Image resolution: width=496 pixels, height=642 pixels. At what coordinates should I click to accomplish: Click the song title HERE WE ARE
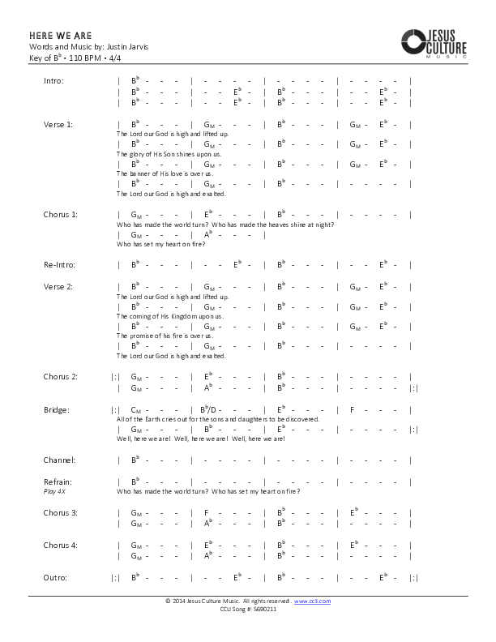click(61, 36)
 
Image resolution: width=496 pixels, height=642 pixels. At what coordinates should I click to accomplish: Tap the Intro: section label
click(53, 81)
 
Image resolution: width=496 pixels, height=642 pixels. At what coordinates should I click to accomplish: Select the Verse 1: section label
click(58, 125)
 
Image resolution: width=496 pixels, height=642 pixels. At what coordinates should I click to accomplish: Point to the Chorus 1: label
click(61, 215)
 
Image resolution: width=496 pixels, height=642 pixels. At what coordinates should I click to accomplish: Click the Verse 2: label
click(58, 287)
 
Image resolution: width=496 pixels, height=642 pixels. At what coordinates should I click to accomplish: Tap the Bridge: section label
click(57, 410)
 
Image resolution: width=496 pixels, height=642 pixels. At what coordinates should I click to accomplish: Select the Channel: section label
click(59, 460)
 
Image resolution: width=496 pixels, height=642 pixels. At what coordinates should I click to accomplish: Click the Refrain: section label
click(58, 481)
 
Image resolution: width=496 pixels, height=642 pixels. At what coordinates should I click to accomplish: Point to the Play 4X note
click(54, 491)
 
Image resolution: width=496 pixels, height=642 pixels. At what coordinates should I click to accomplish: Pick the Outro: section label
click(55, 577)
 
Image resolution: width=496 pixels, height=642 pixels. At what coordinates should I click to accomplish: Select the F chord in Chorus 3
click(207, 513)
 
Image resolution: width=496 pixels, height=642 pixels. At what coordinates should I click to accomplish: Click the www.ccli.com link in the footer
click(312, 601)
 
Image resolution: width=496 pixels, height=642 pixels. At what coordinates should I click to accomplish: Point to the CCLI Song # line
click(248, 609)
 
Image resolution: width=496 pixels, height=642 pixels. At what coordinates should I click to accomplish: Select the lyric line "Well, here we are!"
click(201, 439)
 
